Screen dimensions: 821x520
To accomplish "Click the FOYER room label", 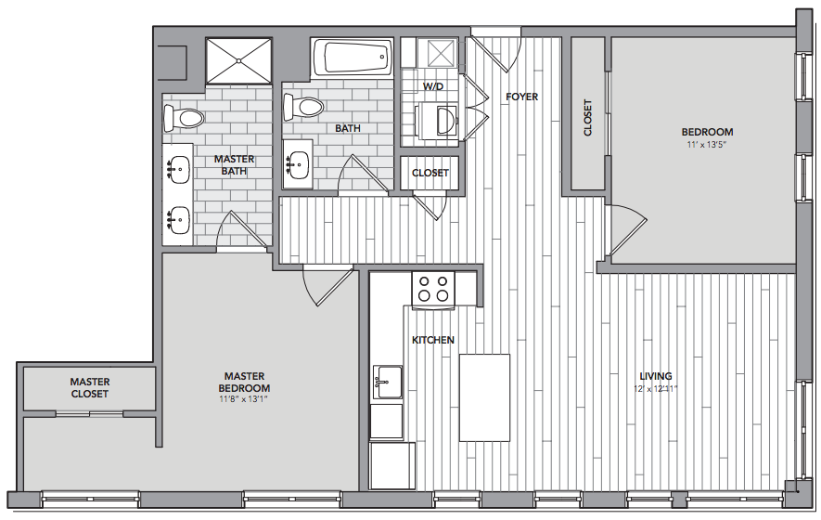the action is tap(521, 97).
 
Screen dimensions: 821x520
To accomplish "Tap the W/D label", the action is tap(433, 86).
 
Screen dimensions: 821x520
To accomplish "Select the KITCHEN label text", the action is tap(433, 340).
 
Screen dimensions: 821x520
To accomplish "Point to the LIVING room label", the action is tap(656, 376).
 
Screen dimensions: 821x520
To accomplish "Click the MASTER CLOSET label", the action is tap(90, 388).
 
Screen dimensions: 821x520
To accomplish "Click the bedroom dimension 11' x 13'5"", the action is tap(707, 145).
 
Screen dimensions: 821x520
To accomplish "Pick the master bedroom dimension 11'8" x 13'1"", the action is tap(245, 399).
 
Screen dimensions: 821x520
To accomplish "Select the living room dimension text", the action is tap(656, 389).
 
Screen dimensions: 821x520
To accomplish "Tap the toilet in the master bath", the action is tap(183, 118).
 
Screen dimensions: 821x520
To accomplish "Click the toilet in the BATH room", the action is tap(302, 108).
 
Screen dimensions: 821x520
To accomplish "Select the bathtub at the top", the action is tap(352, 58).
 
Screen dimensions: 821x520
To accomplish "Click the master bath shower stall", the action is tap(238, 60).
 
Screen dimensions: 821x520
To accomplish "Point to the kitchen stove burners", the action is tap(433, 289).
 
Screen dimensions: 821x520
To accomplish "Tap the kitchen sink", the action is tap(388, 383).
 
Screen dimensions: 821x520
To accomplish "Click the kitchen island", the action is tap(484, 397).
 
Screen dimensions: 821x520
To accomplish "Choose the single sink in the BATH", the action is tap(297, 164).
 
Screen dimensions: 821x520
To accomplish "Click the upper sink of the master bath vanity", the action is tap(177, 169).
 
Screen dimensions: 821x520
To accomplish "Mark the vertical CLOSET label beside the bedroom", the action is tap(587, 118).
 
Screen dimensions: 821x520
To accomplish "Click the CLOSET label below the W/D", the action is tap(430, 173).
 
